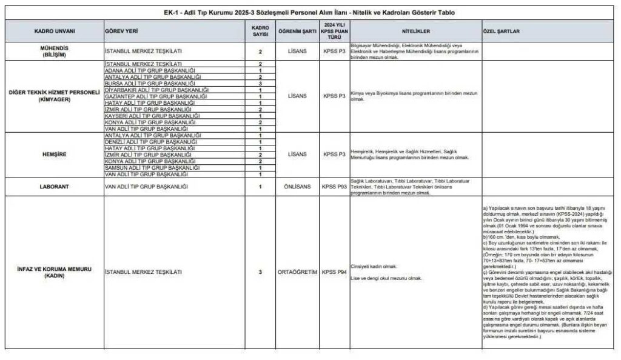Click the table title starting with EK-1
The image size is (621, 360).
[310, 13]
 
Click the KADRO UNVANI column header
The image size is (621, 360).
[53, 30]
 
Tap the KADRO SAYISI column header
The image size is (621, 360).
[260, 30]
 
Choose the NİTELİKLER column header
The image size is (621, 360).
[415, 30]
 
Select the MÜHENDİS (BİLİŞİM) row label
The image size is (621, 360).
[53, 52]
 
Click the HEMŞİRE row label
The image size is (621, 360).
[53, 155]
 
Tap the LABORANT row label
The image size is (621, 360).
[53, 187]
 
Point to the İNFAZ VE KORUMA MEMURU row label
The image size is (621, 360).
[53, 272]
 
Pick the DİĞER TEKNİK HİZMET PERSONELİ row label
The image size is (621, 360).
[53, 96]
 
